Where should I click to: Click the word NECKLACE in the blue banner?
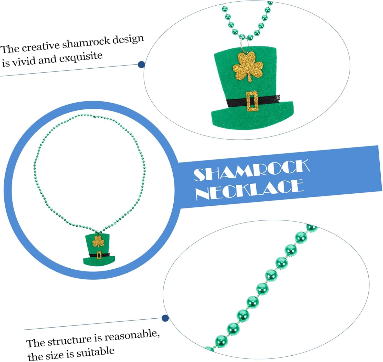(x=250, y=190)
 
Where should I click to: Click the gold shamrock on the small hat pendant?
(x=98, y=241)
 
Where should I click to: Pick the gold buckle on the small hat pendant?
(x=99, y=255)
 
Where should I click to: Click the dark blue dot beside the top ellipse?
(x=141, y=65)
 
